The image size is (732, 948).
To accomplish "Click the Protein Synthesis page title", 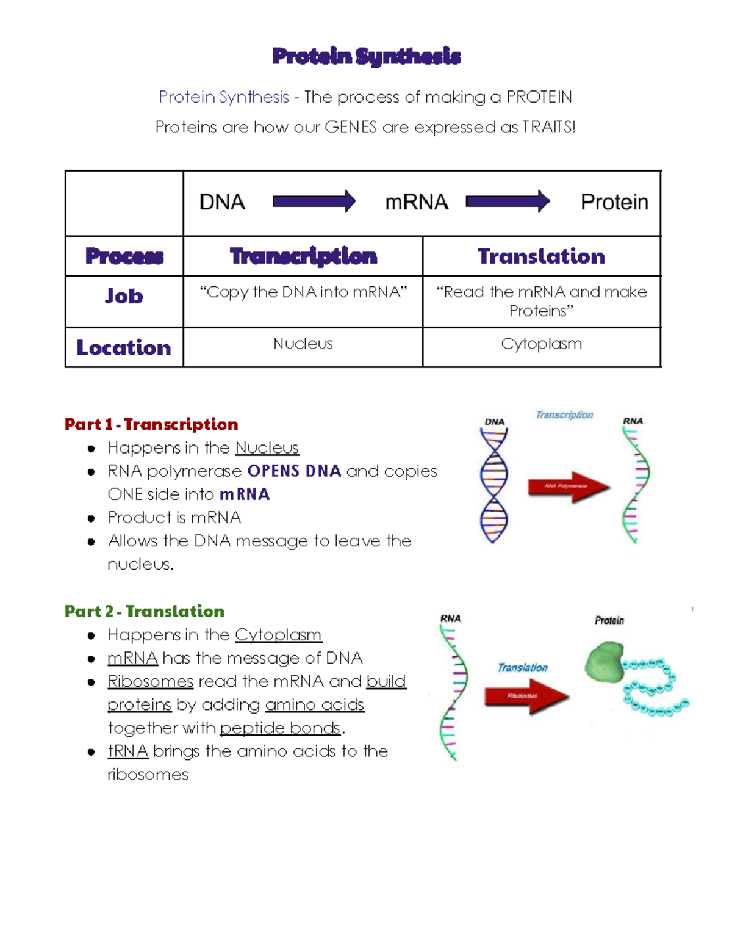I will click(x=366, y=56).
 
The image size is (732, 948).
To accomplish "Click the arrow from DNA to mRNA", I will click(x=314, y=201).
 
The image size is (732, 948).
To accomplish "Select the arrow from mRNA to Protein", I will click(x=507, y=201).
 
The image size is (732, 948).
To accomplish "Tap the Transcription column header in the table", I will click(x=303, y=256).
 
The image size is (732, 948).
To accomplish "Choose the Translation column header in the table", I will click(x=541, y=256).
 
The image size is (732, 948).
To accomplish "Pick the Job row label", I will click(x=124, y=296).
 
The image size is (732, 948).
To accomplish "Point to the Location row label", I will click(x=124, y=347).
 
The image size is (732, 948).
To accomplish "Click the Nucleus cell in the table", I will click(x=303, y=344).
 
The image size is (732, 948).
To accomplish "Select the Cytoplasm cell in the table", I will click(x=541, y=344).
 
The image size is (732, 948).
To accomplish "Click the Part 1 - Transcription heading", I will click(x=151, y=424).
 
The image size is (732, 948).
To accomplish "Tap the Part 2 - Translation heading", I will click(x=145, y=611).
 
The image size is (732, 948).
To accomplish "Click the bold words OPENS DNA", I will click(x=294, y=471).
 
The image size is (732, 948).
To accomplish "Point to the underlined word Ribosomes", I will click(x=151, y=681).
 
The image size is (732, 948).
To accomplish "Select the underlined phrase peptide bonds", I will click(x=280, y=728).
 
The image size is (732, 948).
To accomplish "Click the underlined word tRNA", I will click(x=128, y=751).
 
